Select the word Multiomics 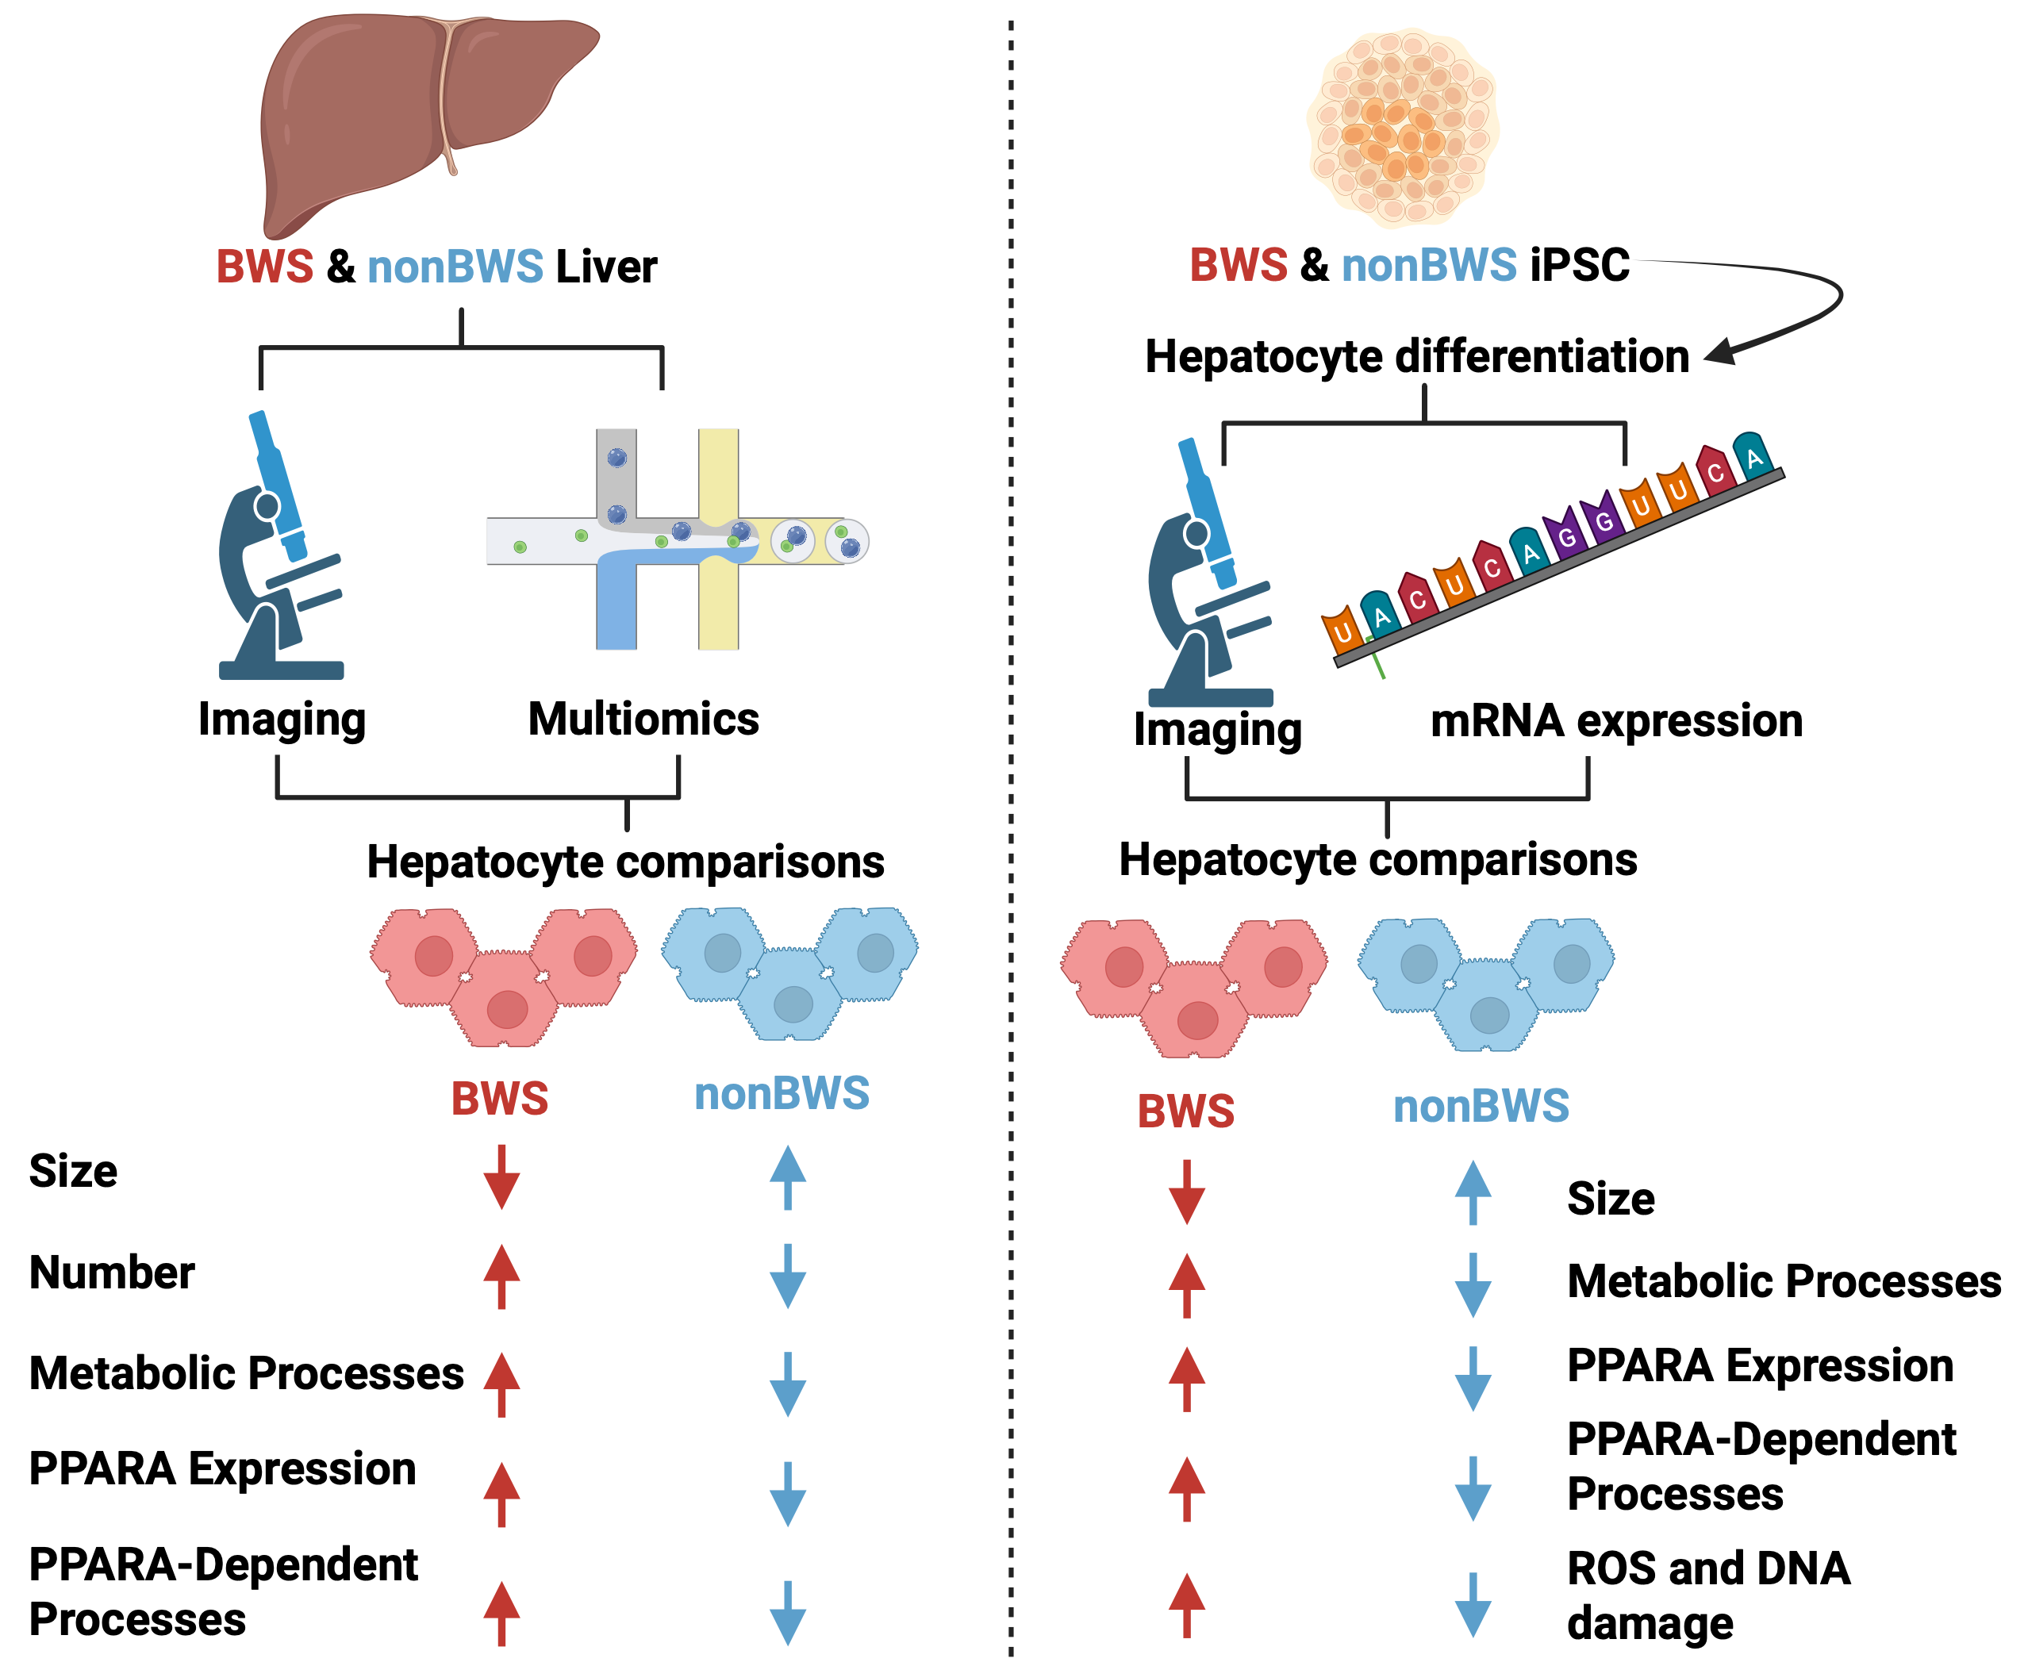(643, 719)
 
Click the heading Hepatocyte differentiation (1416, 356)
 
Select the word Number (113, 1273)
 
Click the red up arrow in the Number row (501, 1276)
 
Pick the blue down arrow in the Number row (787, 1276)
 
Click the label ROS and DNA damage (1708, 1595)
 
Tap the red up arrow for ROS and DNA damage (1186, 1605)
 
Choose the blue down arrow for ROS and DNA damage (1473, 1605)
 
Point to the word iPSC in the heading (1579, 265)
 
